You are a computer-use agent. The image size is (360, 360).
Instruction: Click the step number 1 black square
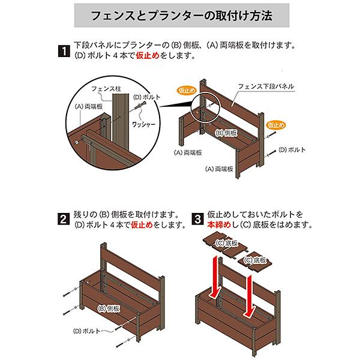[64, 51]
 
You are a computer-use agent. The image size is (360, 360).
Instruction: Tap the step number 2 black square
[64, 219]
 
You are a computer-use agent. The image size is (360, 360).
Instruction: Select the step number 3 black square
[197, 219]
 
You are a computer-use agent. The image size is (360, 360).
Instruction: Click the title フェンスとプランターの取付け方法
[182, 16]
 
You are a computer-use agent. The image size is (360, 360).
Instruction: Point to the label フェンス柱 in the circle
[106, 89]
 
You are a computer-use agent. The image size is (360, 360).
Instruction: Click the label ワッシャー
[144, 124]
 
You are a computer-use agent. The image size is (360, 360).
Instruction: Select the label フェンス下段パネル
[266, 86]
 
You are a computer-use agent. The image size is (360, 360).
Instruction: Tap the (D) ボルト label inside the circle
[147, 97]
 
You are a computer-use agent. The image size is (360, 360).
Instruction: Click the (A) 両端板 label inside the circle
[89, 107]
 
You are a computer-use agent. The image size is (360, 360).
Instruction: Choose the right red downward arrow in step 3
[250, 297]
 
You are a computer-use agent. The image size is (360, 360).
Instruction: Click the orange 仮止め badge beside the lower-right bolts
[276, 125]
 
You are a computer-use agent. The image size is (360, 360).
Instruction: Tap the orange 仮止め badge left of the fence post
[187, 91]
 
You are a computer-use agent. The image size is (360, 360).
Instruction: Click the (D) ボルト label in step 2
[86, 331]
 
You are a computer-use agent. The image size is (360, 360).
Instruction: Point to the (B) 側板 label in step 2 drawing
[109, 308]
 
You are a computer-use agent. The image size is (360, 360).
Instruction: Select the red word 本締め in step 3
[219, 224]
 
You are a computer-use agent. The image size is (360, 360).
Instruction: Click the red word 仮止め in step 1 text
[148, 55]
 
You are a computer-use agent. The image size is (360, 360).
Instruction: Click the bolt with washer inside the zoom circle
[140, 106]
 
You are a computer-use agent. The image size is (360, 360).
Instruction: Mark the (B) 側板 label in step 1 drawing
[226, 133]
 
